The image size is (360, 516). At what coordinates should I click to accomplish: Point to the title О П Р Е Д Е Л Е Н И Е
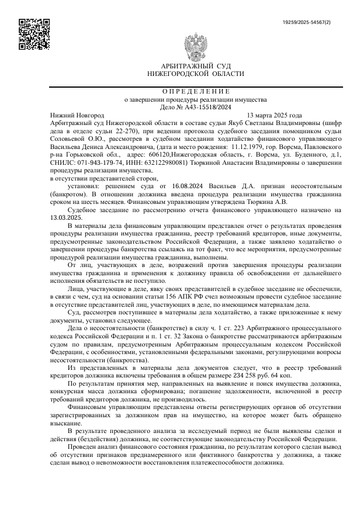click(x=196, y=91)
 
